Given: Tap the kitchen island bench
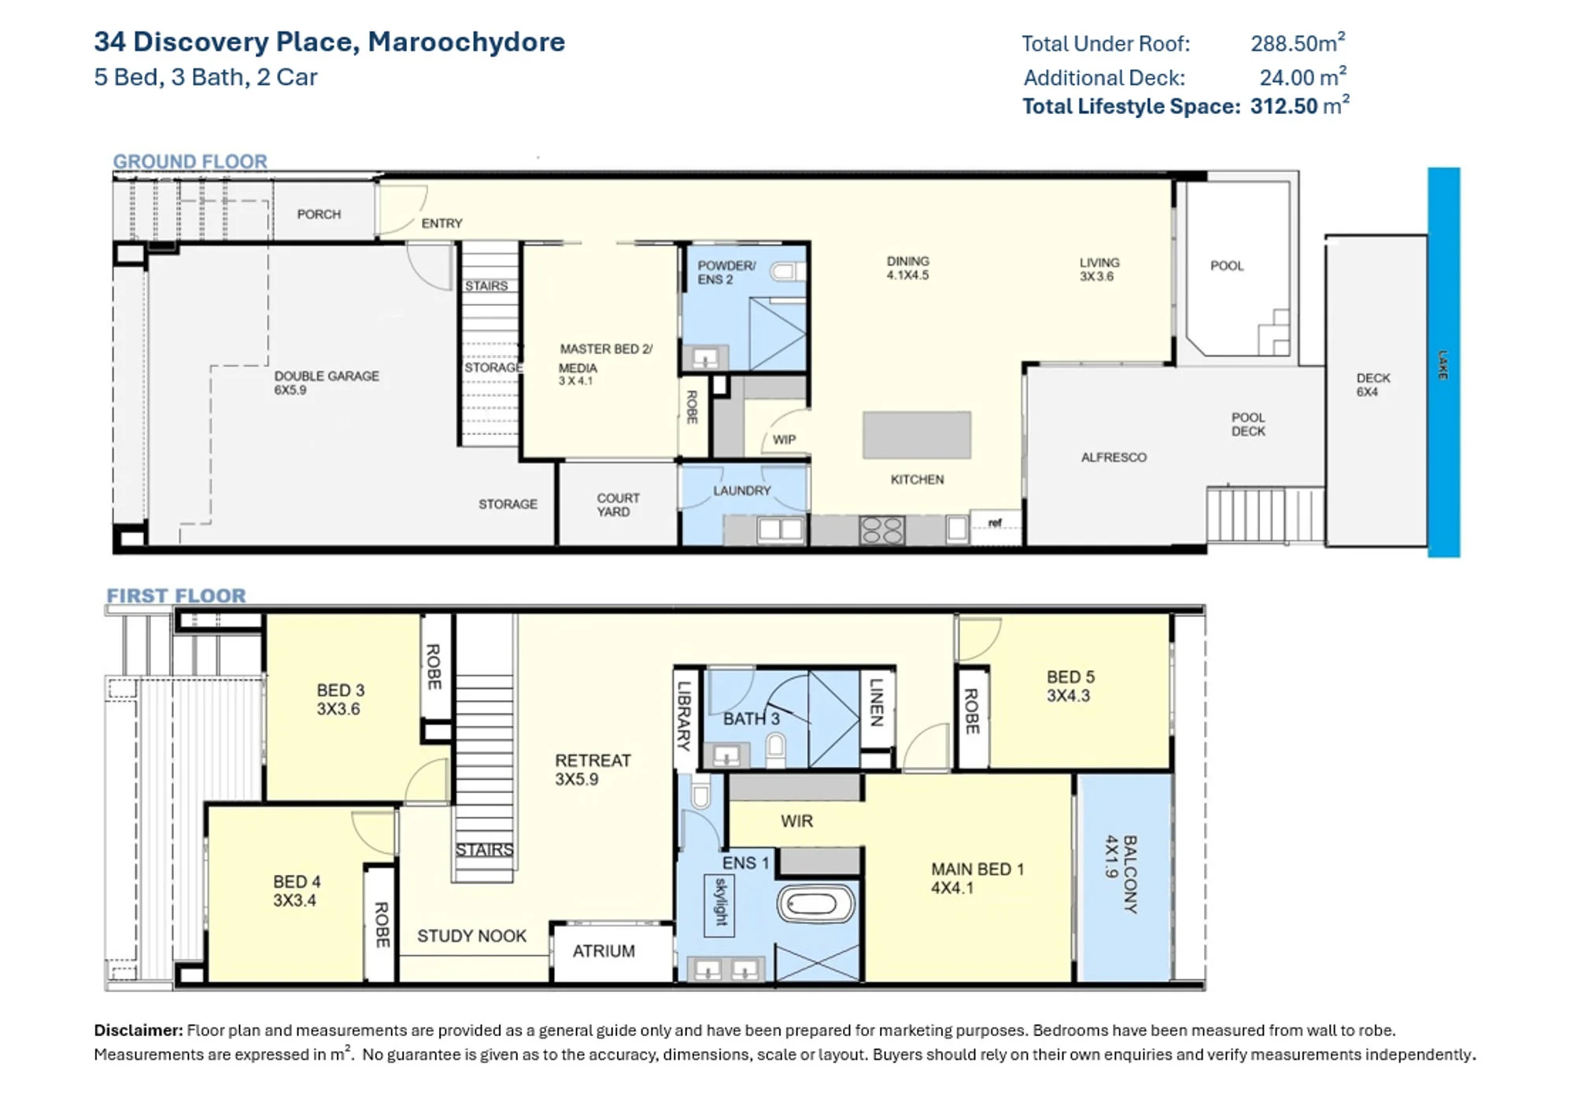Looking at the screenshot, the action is click(917, 435).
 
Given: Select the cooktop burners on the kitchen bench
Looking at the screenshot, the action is click(882, 530).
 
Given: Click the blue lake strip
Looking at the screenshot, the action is click(1444, 362).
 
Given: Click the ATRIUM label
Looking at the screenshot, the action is click(604, 951).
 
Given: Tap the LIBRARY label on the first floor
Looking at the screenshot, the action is click(684, 715).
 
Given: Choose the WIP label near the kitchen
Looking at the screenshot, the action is click(784, 440).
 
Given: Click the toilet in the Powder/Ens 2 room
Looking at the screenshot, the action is click(786, 272).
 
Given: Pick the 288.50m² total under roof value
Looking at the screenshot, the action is click(1298, 42).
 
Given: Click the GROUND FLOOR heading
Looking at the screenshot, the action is click(190, 161).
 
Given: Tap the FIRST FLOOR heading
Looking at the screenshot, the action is click(176, 596).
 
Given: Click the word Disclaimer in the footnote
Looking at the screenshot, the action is click(138, 1031).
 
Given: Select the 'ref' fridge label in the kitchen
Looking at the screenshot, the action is click(996, 522).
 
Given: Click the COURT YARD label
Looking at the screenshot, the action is click(618, 505).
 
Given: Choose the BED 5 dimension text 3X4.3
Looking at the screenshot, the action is click(1068, 695).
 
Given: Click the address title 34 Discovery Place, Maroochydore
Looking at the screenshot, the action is click(330, 42).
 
